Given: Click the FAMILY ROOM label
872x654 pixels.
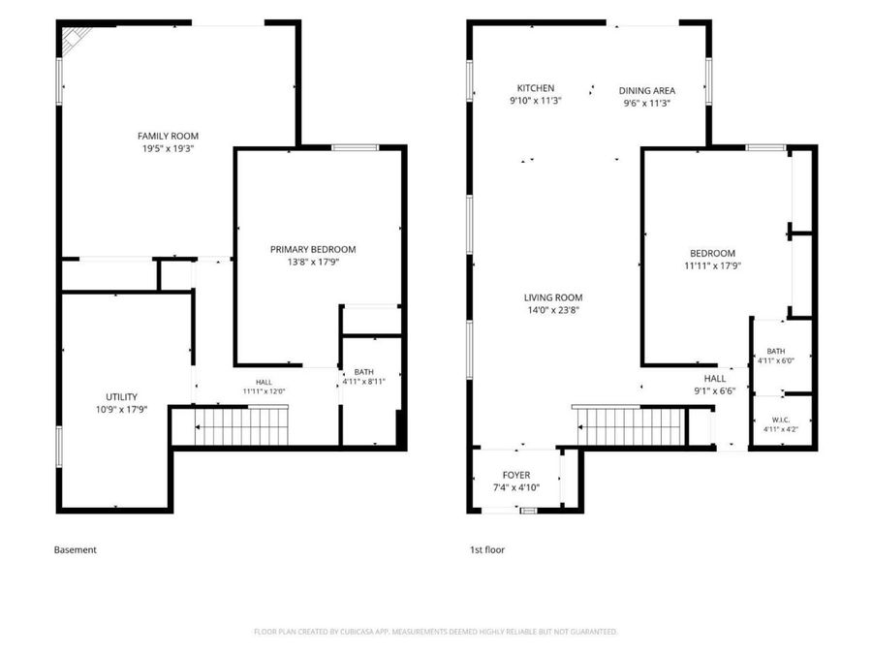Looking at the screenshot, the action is pos(168,136).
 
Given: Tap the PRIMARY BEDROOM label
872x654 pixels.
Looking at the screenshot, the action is pos(313,249).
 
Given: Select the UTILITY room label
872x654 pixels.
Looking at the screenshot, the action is pos(122,396).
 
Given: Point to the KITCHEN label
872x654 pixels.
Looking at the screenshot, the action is pos(536,88).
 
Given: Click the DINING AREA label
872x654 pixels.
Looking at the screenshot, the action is pos(647,91).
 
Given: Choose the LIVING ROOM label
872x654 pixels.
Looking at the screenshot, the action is pos(553,297).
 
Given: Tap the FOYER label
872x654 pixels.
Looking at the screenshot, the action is pos(516,475).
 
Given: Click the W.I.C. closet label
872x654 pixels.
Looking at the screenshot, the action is pos(781,420).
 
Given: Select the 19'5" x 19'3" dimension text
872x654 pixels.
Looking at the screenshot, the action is pos(168,148).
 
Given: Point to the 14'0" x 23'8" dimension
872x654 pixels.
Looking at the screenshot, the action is pos(553,310).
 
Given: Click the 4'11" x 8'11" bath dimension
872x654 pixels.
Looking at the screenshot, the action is pos(363,382).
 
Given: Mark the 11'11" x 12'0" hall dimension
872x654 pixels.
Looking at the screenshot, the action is pos(265,391).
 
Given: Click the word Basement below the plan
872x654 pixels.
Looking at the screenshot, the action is pos(75,549).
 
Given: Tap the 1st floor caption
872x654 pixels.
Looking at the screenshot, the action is pos(487,549).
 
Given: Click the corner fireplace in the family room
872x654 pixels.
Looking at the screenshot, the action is pos(74,40).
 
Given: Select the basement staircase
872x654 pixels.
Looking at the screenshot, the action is pos(241,426).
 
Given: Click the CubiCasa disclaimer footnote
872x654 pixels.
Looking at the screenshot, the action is pos(435,632).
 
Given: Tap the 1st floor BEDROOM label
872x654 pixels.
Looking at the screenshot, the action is pos(712,253).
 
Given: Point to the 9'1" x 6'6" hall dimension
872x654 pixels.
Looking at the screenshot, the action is pos(715,391).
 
